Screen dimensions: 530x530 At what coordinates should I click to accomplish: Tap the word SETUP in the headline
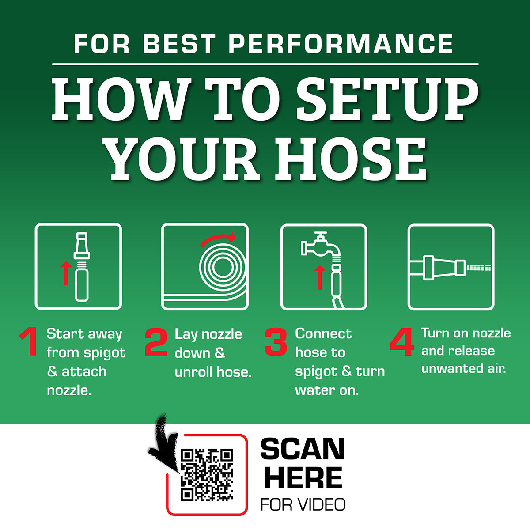coord(387,99)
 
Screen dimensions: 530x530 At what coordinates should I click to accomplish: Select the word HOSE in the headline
coord(351,159)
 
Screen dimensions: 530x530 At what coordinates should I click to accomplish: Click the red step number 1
coord(30,341)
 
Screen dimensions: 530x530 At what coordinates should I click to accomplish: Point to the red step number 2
coord(156,342)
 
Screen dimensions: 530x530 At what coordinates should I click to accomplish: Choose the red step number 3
coord(276,342)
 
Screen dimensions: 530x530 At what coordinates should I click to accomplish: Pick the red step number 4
coord(402,342)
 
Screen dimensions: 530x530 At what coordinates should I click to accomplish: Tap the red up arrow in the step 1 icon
coord(66,273)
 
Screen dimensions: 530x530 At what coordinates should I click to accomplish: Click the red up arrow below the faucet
coord(320,277)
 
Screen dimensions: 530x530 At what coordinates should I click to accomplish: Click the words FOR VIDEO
coord(303,504)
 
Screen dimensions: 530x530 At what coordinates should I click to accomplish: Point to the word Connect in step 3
coord(323,333)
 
